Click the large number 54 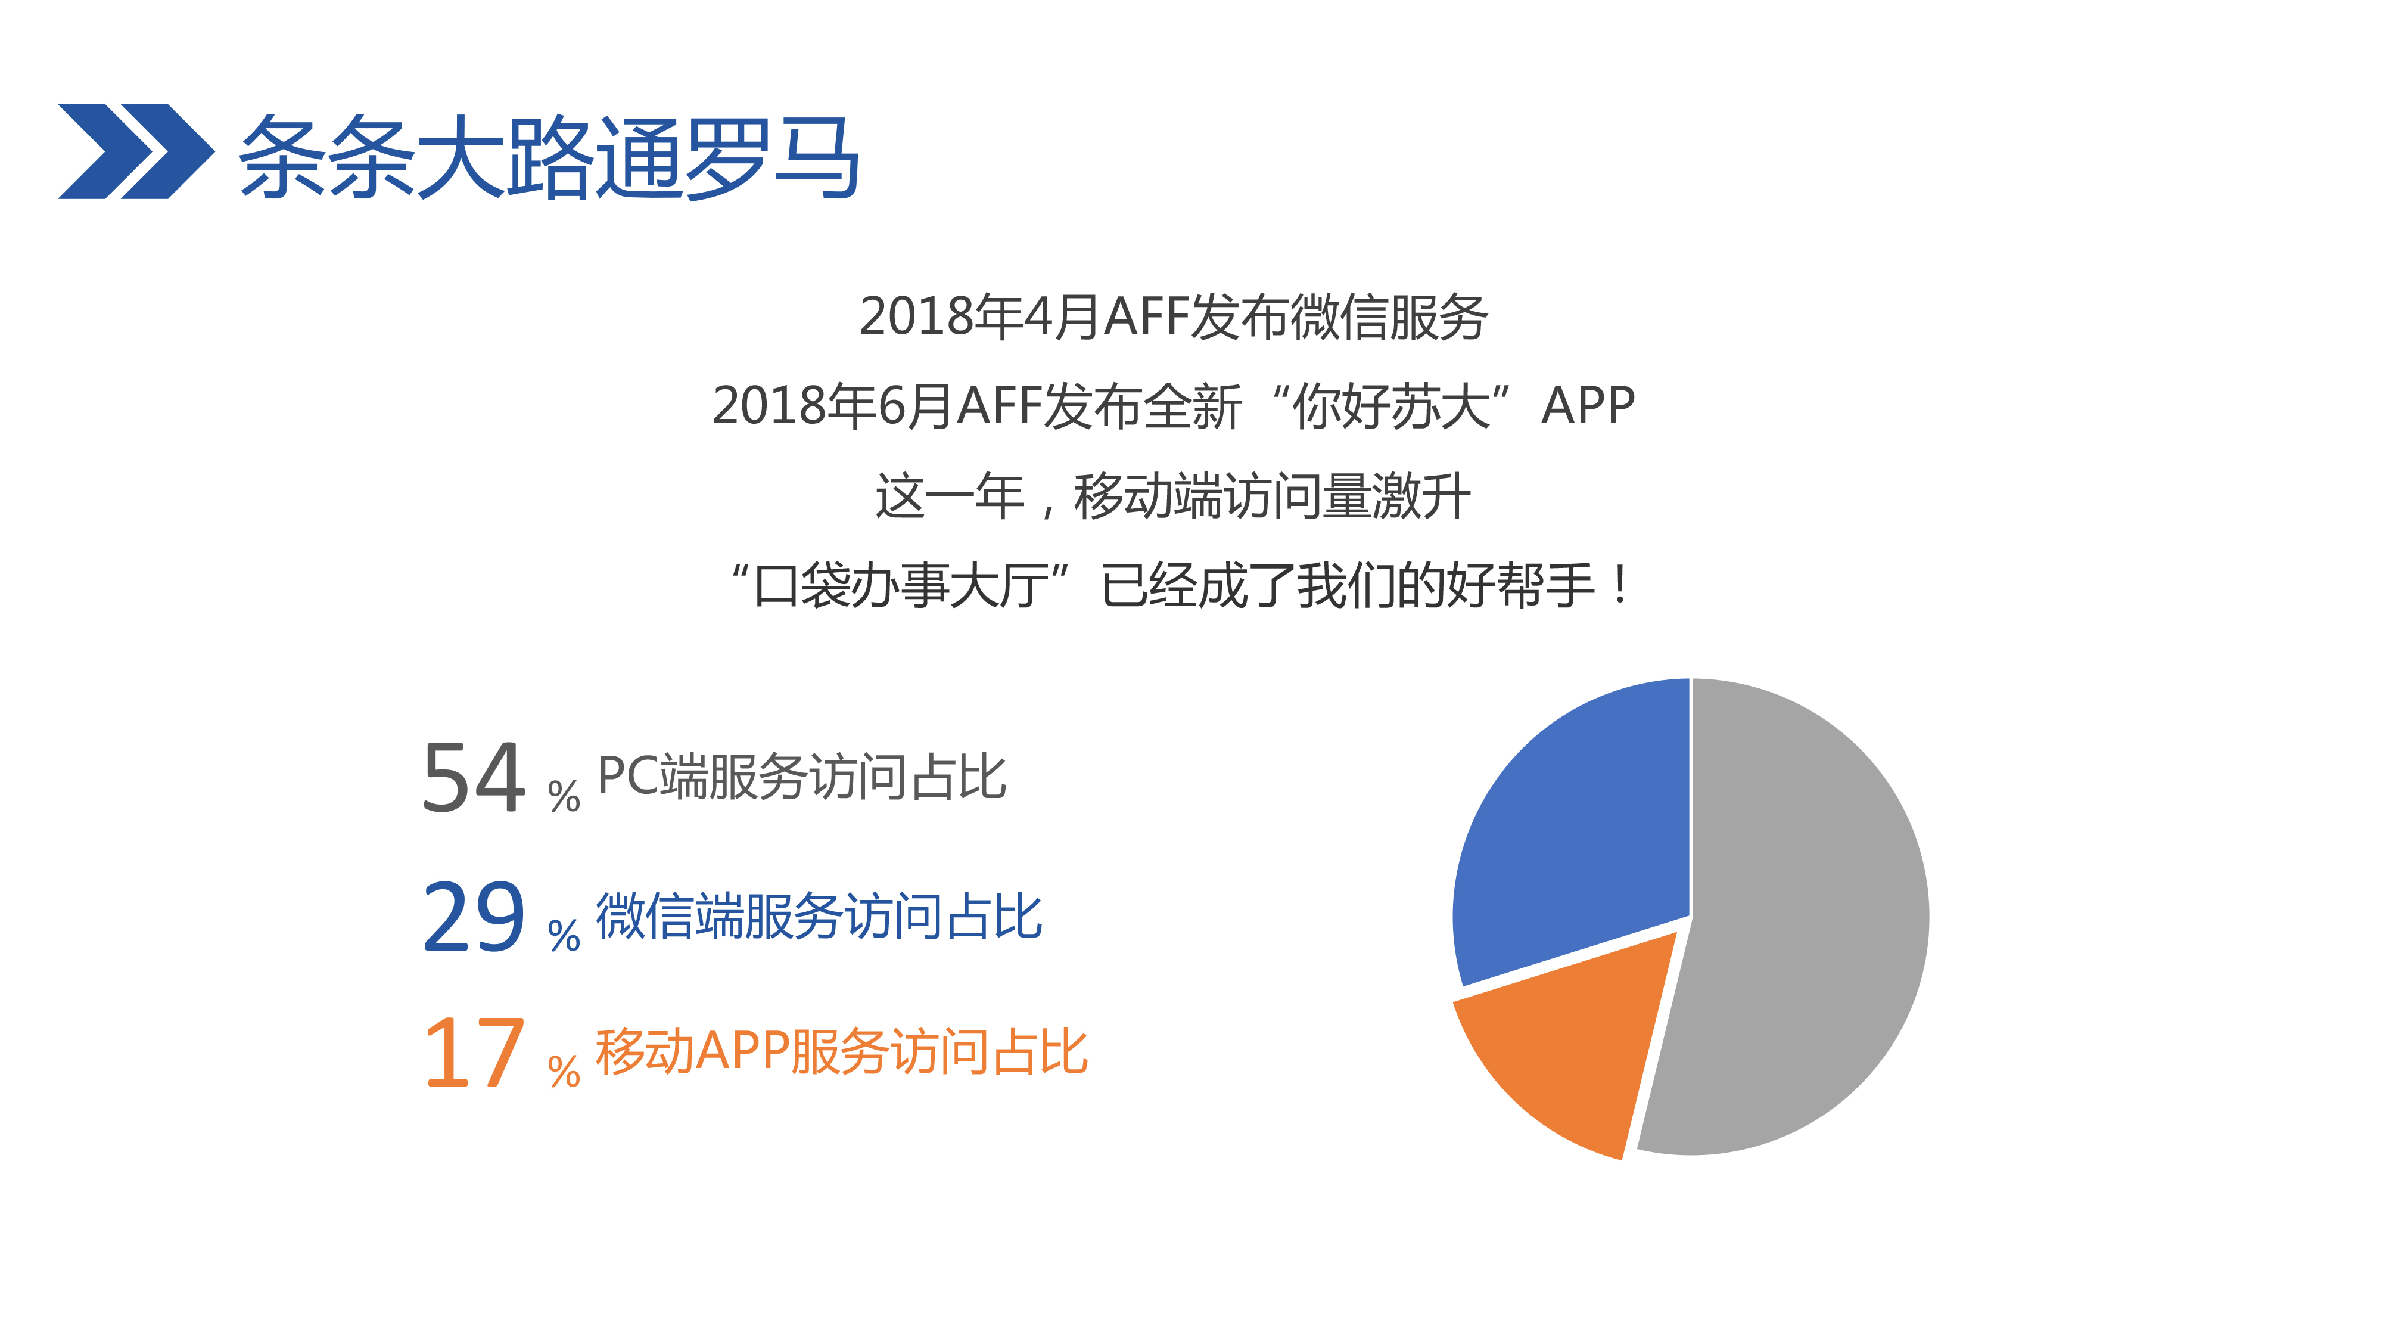coord(474,777)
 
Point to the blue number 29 coord(474,916)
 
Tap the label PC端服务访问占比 coord(802,777)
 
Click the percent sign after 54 coord(564,795)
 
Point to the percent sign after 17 coord(564,1071)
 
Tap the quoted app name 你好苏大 coord(1391,405)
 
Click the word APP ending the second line coord(1588,405)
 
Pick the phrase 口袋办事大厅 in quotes coord(901,586)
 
